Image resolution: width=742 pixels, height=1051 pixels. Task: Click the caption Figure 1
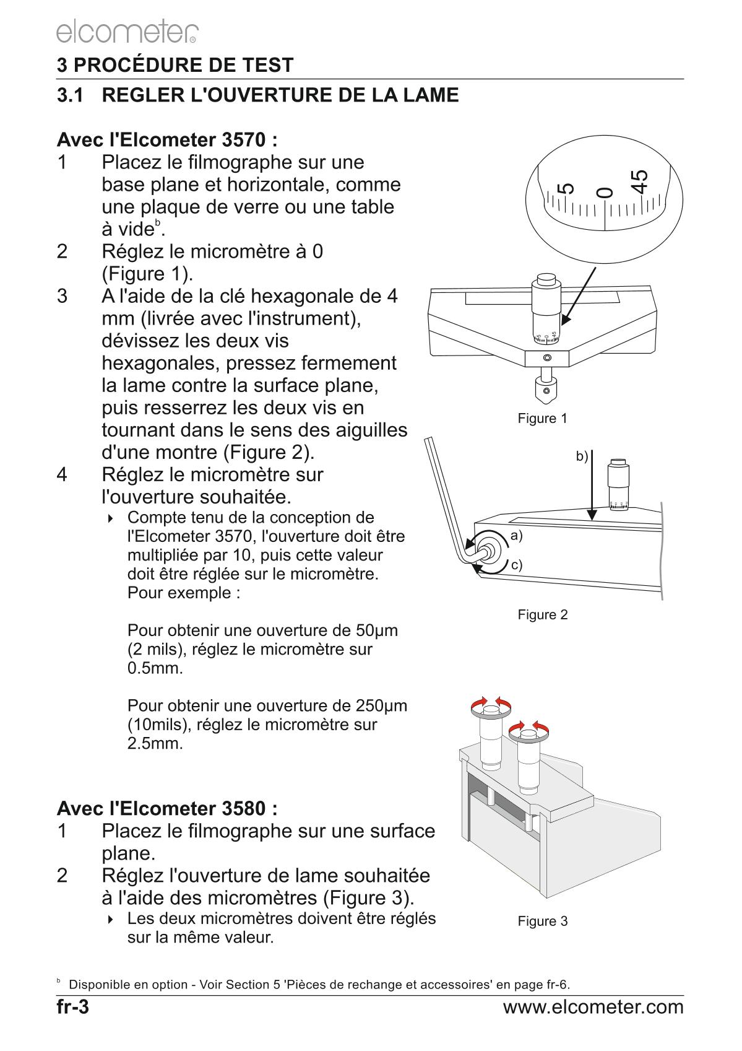542,419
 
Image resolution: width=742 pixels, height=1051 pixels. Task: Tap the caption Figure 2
542,615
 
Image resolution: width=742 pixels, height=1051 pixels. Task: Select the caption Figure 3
542,922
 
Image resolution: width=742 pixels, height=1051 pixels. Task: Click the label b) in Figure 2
582,456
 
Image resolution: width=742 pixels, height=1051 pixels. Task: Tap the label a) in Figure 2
516,536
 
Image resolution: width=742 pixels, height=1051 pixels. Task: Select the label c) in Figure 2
516,565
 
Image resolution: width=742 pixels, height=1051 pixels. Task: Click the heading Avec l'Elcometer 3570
167,139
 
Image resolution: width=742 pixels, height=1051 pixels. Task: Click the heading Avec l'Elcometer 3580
167,808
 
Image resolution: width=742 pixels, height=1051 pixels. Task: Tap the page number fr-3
73,1007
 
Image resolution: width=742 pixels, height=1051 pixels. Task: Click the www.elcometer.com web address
593,1007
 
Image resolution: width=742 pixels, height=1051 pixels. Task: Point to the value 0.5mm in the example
155,669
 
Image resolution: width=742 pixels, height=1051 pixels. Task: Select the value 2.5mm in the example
155,743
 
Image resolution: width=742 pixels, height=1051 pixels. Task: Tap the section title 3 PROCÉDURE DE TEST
175,65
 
